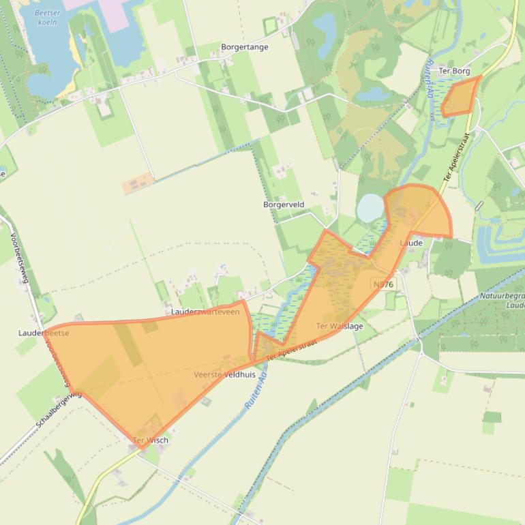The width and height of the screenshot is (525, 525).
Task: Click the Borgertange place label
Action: tap(244, 47)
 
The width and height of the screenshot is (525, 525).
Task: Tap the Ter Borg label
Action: tap(455, 70)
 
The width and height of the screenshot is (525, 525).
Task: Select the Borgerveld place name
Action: tap(284, 205)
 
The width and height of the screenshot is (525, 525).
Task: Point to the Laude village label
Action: tap(411, 243)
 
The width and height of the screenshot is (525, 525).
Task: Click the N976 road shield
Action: tap(383, 284)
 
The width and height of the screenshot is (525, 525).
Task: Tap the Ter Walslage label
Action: tap(340, 326)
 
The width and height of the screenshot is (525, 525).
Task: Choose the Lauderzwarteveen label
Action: tap(205, 312)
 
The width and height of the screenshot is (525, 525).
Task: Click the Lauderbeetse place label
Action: tap(44, 333)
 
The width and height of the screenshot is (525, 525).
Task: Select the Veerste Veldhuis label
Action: tap(224, 375)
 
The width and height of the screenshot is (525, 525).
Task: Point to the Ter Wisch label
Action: tap(151, 440)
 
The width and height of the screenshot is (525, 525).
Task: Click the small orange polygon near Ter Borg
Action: tap(460, 97)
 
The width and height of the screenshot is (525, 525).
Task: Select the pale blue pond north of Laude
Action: tap(370, 208)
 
